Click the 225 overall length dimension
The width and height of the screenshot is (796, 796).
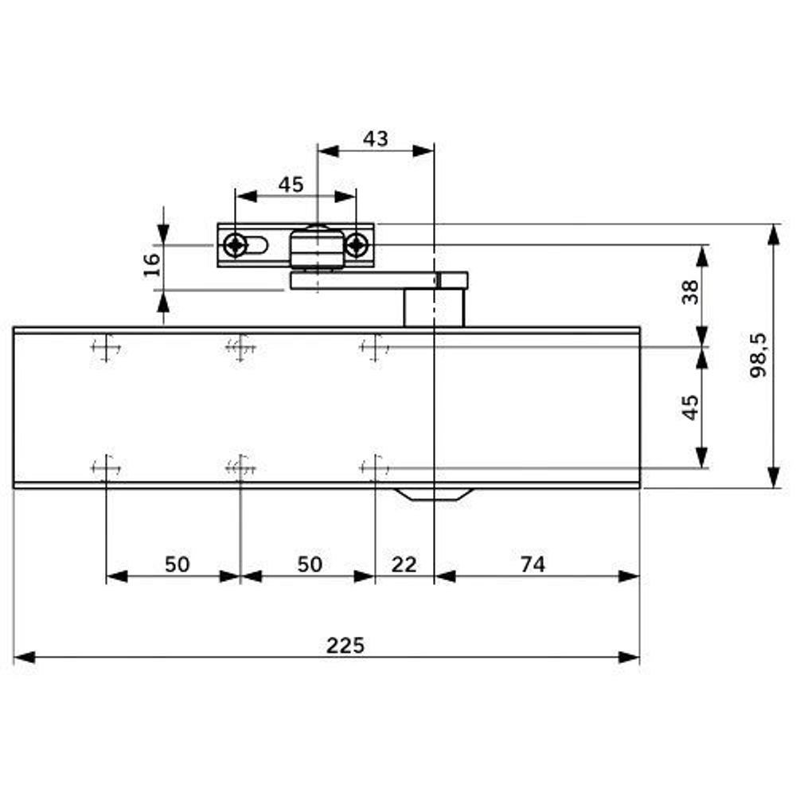pyautogui.click(x=345, y=645)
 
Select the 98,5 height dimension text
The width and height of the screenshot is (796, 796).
pyautogui.click(x=759, y=356)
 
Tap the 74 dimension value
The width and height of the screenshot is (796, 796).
pyautogui.click(x=533, y=564)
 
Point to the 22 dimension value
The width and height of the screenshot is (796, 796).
pyautogui.click(x=404, y=564)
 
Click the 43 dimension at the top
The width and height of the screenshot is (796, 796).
pyautogui.click(x=376, y=139)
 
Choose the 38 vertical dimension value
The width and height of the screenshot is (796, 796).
pyautogui.click(x=690, y=291)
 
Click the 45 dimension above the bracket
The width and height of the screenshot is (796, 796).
pyautogui.click(x=291, y=185)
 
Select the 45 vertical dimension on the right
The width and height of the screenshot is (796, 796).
pyautogui.click(x=690, y=408)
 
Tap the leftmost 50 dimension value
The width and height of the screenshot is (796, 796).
pyautogui.click(x=177, y=564)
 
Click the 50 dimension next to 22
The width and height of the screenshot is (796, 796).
pyautogui.click(x=310, y=564)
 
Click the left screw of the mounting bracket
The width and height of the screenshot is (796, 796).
pyautogui.click(x=235, y=245)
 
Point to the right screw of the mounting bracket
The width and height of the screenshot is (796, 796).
pyautogui.click(x=356, y=245)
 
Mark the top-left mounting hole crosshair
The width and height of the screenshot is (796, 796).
pyautogui.click(x=106, y=347)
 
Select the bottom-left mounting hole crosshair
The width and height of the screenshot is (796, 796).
pyautogui.click(x=106, y=468)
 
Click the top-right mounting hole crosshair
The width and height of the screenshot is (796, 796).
pyautogui.click(x=374, y=347)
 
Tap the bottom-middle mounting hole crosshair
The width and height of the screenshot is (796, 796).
pyautogui.click(x=240, y=468)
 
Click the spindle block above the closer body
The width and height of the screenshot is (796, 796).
pyautogui.click(x=434, y=309)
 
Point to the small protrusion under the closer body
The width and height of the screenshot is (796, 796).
pyautogui.click(x=434, y=494)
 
